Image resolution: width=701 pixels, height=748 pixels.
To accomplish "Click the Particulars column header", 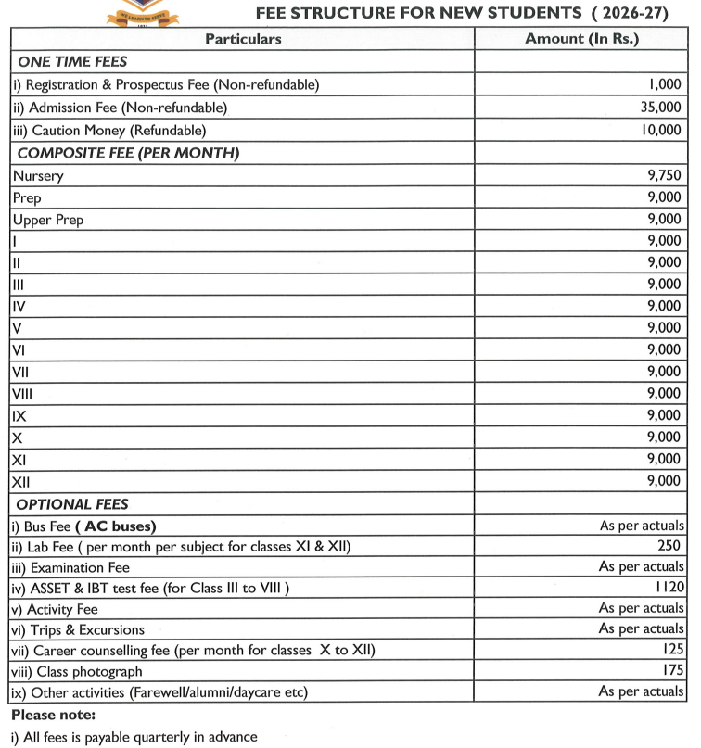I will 242,39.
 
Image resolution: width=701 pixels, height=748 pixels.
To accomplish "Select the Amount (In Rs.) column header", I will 581,39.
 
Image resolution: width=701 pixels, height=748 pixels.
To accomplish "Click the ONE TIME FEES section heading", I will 72,62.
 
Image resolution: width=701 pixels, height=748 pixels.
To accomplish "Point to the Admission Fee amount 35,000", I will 660,108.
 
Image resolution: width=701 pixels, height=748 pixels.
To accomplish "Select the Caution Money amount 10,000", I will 660,131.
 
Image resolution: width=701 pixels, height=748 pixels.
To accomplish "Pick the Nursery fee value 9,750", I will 664,174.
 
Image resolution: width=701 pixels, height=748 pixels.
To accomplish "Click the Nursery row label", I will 38,174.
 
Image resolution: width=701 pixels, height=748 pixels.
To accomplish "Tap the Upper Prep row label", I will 48,220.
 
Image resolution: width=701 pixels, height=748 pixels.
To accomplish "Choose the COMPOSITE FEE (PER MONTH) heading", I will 129,153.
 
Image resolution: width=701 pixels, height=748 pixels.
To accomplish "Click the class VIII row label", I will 24,393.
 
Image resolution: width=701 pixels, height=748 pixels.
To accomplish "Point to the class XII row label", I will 21,482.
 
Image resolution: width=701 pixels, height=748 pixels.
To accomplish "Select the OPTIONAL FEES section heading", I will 72,505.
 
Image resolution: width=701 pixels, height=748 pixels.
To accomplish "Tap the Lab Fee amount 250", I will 667,546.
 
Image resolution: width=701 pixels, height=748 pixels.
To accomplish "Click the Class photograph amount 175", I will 671,670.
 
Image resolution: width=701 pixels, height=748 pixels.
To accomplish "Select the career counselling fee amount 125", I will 671,650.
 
